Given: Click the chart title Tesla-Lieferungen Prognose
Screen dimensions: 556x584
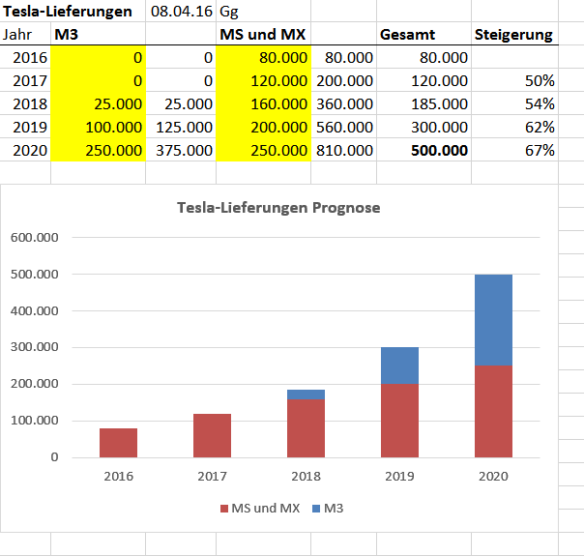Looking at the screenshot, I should click(278, 208).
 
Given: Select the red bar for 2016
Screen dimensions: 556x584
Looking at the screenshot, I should click(119, 442).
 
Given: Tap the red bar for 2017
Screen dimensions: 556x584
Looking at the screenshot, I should click(212, 435).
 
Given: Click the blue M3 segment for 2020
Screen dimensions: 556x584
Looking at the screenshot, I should click(493, 319).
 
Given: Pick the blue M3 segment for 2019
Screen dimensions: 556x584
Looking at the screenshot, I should click(399, 366).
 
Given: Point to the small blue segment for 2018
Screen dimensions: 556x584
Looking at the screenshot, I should click(306, 395).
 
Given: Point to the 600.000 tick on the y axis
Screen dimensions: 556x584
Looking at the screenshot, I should click(34, 237).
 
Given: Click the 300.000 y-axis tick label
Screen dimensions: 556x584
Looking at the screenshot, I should click(34, 347).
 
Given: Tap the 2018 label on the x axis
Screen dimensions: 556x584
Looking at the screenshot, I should click(306, 476).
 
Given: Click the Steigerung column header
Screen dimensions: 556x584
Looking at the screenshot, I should click(513, 35).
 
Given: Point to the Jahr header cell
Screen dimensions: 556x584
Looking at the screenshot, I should click(17, 35).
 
